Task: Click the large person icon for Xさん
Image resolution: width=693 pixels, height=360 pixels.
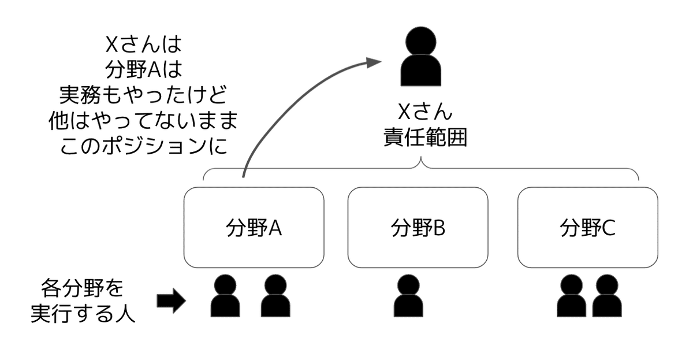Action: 420,59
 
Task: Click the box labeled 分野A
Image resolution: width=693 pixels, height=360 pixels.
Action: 254,228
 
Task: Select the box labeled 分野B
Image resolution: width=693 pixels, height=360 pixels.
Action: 418,228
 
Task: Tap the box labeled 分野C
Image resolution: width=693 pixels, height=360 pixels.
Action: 588,228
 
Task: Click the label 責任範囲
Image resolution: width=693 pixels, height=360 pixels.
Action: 425,138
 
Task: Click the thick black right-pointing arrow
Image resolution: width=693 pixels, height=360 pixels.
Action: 171,300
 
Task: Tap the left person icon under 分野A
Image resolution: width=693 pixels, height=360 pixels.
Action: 225,295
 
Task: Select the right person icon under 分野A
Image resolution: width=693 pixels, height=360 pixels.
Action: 275,295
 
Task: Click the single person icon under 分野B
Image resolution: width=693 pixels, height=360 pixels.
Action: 409,295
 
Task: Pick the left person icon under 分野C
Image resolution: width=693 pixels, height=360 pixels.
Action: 572,295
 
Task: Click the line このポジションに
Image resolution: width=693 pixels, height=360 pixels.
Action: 143,146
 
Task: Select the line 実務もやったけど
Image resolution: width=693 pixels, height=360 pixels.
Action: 143,95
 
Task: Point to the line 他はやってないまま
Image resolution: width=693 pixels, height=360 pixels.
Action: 143,121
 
